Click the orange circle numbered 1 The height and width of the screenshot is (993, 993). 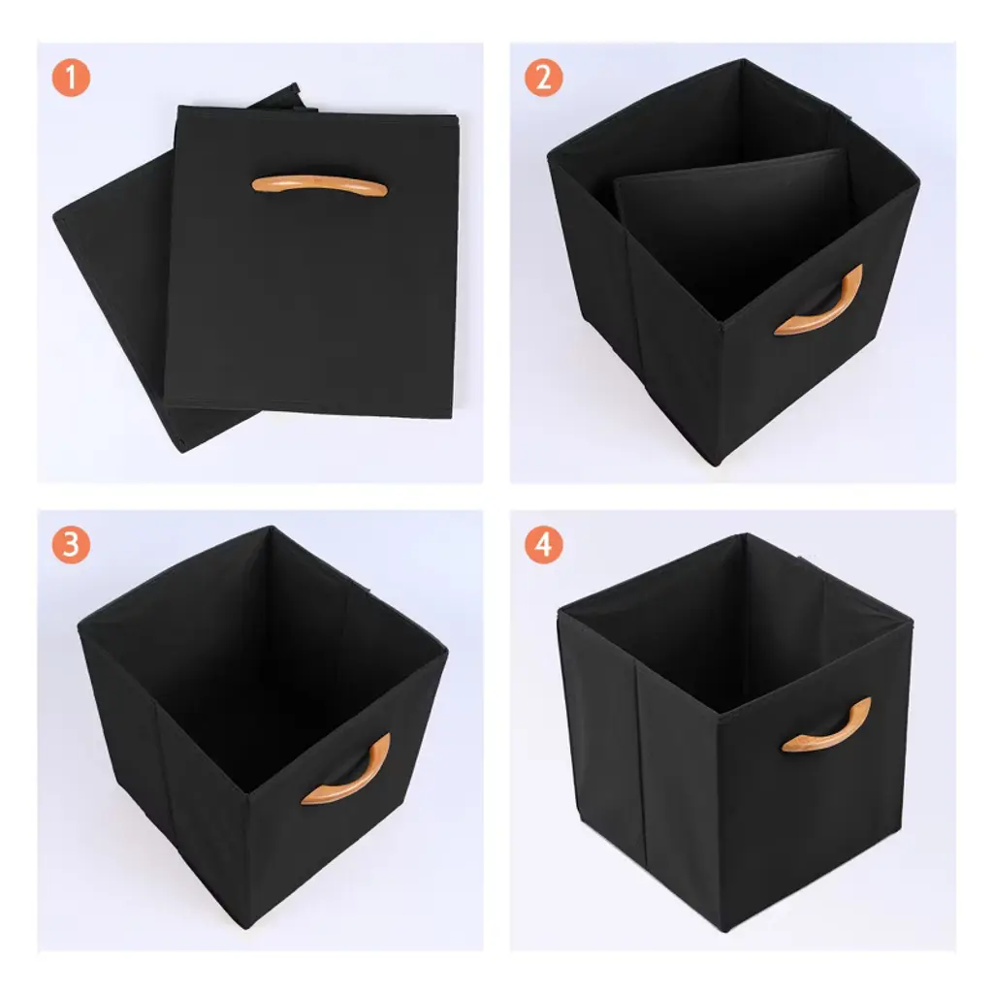tap(71, 78)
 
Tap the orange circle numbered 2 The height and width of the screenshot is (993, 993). tap(543, 78)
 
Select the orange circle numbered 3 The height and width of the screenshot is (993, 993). tap(71, 545)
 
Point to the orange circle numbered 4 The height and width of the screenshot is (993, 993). tap(543, 545)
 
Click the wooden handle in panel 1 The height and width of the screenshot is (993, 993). tap(319, 185)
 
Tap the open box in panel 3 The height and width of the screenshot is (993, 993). tap(262, 726)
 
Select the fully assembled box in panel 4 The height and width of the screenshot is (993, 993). tap(735, 731)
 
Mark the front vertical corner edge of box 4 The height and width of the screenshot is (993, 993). tap(720, 823)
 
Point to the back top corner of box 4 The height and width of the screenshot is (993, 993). tap(746, 534)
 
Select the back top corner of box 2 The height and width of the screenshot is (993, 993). tap(744, 60)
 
